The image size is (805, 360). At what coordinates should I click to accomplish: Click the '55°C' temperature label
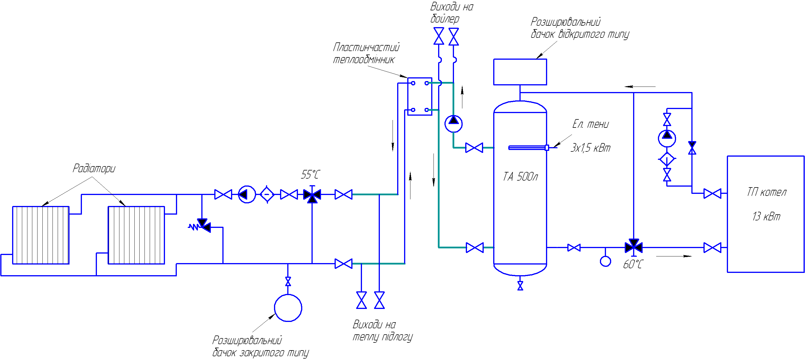310,174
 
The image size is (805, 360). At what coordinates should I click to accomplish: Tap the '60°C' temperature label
633,264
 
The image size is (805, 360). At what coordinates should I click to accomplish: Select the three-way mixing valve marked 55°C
312,195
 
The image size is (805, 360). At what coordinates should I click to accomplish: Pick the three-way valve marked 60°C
633,247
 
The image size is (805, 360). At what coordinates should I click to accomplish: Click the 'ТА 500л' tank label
520,177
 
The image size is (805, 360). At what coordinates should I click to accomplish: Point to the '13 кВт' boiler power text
766,216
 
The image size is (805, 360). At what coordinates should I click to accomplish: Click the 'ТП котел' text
766,192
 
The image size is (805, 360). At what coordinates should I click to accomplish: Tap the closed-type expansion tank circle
288,308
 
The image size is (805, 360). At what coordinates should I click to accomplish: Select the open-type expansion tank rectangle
520,72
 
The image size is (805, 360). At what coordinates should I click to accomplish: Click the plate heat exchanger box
420,96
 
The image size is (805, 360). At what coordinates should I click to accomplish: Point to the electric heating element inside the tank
528,147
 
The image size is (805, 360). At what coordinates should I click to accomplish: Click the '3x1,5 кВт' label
590,147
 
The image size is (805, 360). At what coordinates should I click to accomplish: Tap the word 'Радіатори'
94,168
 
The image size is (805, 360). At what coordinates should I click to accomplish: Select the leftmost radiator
41,235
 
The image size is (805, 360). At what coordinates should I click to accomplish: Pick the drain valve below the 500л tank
520,286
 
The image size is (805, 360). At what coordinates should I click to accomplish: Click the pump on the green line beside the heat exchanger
453,123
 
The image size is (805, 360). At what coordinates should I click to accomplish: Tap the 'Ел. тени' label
590,124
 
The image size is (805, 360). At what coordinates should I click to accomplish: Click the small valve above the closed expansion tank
288,281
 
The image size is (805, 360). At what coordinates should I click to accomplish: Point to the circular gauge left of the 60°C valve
605,261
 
